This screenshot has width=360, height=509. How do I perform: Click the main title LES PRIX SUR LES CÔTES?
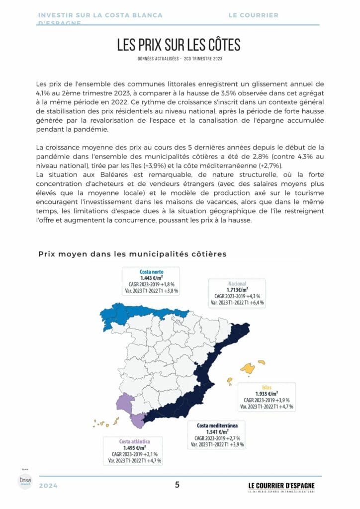click(179, 45)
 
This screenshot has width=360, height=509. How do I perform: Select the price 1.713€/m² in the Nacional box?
click(237, 289)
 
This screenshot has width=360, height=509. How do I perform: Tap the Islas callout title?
click(267, 388)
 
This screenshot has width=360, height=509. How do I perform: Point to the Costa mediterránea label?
click(217, 426)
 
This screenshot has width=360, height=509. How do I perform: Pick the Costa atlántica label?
click(134, 441)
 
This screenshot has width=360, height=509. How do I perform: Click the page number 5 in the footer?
click(178, 485)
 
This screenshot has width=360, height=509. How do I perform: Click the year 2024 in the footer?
click(48, 486)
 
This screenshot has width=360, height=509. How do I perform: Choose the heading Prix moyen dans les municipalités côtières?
click(132, 254)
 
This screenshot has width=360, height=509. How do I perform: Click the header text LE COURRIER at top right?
click(253, 15)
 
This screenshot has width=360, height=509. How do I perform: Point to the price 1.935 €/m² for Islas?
click(267, 394)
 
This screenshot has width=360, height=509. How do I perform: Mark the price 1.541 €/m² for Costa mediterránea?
click(217, 432)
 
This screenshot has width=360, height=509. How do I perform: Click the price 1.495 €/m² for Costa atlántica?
click(134, 448)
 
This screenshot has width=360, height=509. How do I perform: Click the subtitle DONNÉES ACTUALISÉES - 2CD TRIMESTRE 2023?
click(180, 59)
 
